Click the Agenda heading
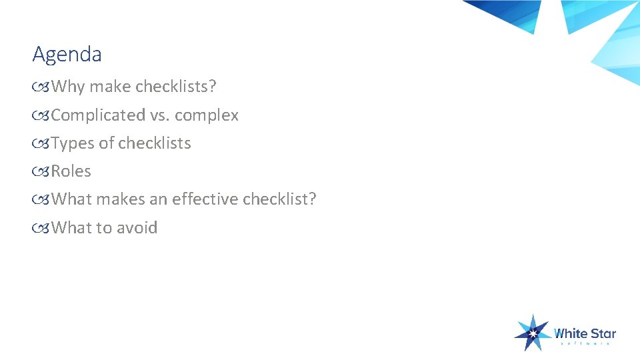[67, 55]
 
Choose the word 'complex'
[207, 115]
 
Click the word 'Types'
[73, 143]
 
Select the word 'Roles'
[71, 171]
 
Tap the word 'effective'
[205, 199]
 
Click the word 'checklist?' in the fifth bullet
[279, 199]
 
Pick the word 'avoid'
[137, 227]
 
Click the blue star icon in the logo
[533, 332]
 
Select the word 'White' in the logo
[570, 333]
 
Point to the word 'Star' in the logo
[603, 333]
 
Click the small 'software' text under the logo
[585, 344]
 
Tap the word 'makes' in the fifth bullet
[117, 199]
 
